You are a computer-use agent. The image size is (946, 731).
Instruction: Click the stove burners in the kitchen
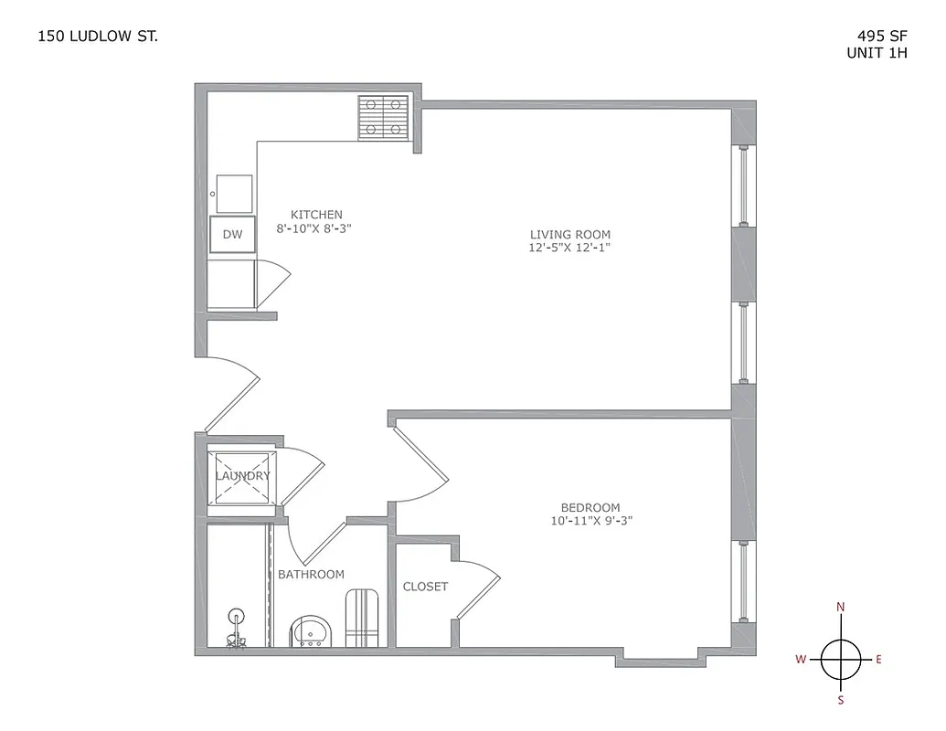[x=384, y=117]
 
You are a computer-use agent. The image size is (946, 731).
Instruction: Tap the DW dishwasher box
[x=233, y=235]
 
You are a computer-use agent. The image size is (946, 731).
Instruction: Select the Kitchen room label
[x=316, y=215]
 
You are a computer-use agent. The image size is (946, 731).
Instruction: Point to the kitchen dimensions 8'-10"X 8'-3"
[x=314, y=229]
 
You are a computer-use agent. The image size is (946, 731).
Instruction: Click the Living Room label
[x=570, y=234]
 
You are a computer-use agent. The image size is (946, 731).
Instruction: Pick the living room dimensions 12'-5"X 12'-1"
[x=570, y=248]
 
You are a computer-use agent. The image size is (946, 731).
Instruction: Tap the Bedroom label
[x=590, y=507]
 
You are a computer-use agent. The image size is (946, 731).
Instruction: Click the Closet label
[x=426, y=587]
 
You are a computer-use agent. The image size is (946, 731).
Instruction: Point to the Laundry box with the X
[x=242, y=476]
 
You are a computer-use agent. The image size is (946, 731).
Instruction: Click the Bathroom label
[x=312, y=574]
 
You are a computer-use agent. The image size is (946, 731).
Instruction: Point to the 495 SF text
[x=881, y=37]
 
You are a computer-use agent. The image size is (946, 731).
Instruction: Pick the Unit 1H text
[x=877, y=53]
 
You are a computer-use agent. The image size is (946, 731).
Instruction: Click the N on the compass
[x=841, y=607]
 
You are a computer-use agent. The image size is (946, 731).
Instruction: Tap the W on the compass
[x=800, y=659]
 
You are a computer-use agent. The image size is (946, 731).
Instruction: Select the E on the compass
[x=879, y=659]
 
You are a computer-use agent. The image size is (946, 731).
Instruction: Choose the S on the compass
[x=841, y=701]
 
